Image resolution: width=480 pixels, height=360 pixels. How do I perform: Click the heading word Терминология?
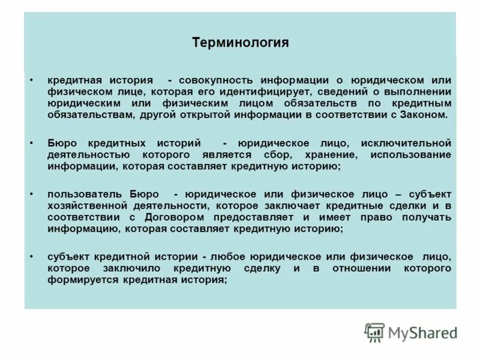(240, 43)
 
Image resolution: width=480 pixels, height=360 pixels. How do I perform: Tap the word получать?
(426, 217)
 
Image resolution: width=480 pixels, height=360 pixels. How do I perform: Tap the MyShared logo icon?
(374, 332)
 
